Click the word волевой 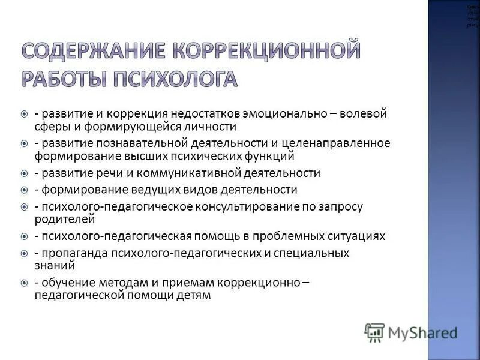[x=365, y=113]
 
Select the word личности [x=208, y=127]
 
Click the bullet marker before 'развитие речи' [x=24, y=173]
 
